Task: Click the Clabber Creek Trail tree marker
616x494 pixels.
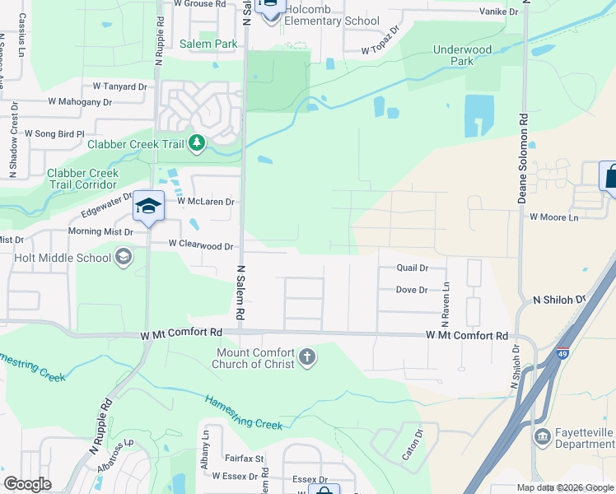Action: point(196,144)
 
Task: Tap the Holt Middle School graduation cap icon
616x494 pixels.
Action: point(124,258)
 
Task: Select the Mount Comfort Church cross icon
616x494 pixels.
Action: point(306,357)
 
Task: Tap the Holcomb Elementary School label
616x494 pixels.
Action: point(326,22)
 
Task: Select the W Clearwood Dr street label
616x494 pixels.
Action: point(201,245)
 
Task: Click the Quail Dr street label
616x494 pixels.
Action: point(412,268)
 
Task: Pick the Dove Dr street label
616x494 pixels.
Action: point(411,290)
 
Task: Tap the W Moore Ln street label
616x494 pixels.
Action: point(553,217)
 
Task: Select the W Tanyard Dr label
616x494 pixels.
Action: point(119,86)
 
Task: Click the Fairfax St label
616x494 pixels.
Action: point(243,459)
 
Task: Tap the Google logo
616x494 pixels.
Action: point(27,484)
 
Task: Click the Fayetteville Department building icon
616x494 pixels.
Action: point(543,435)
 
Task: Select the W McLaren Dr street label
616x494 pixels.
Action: point(206,202)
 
